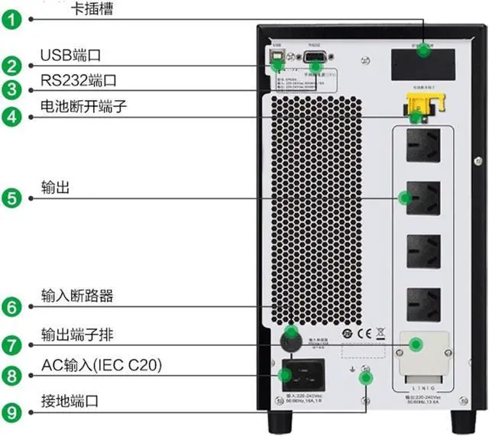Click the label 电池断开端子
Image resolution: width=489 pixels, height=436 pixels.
(84, 108)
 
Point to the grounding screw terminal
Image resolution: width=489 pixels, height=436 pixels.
(365, 372)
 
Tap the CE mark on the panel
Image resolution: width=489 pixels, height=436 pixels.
(364, 334)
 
